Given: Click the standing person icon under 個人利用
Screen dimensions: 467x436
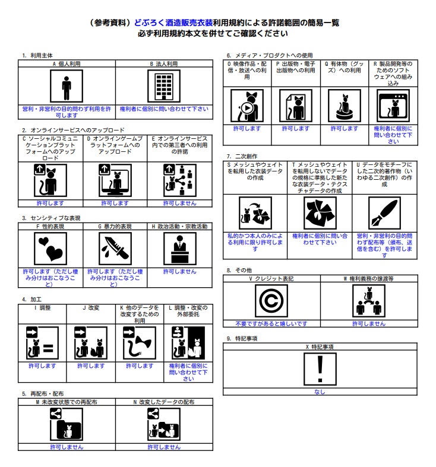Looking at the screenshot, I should [x=67, y=87].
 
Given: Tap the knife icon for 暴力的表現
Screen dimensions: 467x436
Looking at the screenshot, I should [x=115, y=249].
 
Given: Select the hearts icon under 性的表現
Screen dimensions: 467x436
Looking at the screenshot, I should [x=50, y=249].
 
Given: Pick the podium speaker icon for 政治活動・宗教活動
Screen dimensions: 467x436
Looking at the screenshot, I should [x=179, y=249].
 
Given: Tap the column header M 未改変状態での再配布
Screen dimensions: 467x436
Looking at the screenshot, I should [x=67, y=402].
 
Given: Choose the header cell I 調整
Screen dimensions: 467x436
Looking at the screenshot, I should [x=42, y=307].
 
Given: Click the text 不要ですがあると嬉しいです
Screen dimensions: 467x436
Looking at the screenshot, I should [x=271, y=324].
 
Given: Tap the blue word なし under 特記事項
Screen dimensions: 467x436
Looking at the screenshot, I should [x=320, y=392].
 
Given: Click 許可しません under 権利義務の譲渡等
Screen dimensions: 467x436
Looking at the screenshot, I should [x=368, y=324].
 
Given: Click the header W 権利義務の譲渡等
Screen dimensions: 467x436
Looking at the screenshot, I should [x=368, y=278].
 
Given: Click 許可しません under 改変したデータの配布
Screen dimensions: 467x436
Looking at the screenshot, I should [x=163, y=447].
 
